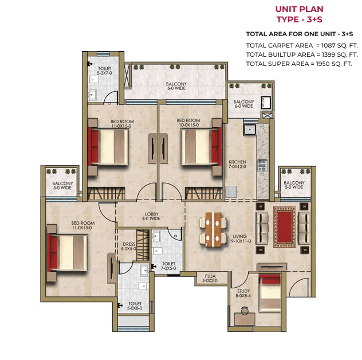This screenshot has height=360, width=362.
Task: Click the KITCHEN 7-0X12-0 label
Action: [x=237, y=164]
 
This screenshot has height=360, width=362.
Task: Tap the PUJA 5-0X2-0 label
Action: [x=210, y=278]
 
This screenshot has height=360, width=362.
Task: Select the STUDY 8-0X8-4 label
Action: [x=243, y=294]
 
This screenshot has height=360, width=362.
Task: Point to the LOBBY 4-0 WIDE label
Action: [x=151, y=216]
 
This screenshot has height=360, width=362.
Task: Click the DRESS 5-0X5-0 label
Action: [x=129, y=246]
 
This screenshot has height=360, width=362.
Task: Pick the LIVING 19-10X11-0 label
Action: [x=240, y=238]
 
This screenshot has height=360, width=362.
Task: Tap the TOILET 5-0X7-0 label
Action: [x=105, y=71]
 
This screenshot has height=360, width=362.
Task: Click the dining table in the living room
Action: [x=213, y=229]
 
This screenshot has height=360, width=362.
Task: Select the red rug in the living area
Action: [x=285, y=227]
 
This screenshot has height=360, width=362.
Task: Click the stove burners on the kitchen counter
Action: [x=262, y=166]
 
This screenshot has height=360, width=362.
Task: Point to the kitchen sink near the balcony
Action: [x=250, y=130]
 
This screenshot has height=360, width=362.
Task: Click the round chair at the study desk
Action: [x=245, y=311]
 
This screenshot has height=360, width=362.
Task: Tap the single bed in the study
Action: [x=270, y=293]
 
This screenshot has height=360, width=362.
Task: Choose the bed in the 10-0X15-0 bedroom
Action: [x=200, y=147]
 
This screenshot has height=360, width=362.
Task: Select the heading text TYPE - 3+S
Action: [x=300, y=19]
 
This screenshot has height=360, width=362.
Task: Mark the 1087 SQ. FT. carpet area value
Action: [x=339, y=45]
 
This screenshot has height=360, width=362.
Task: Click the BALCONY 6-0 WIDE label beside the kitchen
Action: [x=243, y=104]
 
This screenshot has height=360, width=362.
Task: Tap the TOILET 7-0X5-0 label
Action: [x=168, y=266]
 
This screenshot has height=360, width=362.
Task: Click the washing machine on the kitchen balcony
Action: [x=266, y=103]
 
